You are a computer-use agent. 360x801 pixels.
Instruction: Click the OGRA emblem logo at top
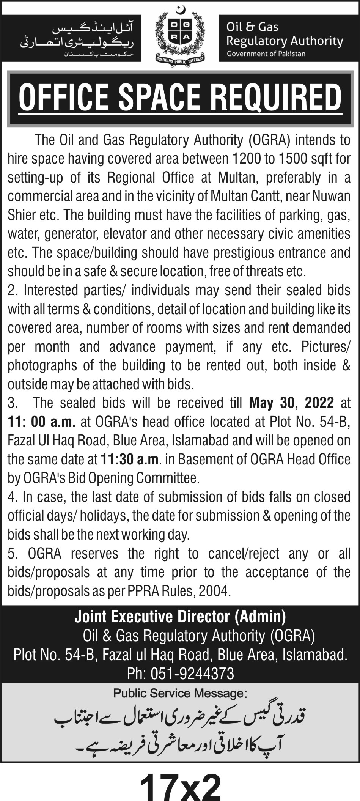tap(180, 36)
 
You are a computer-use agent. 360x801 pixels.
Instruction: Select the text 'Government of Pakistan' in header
tap(266, 54)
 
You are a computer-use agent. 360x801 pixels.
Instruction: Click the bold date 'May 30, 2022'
tap(291, 403)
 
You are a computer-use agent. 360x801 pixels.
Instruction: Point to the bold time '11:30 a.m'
tap(129, 460)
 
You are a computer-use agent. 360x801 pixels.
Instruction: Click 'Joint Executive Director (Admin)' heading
tap(180, 617)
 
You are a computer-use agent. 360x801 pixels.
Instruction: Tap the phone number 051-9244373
tap(192, 674)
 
